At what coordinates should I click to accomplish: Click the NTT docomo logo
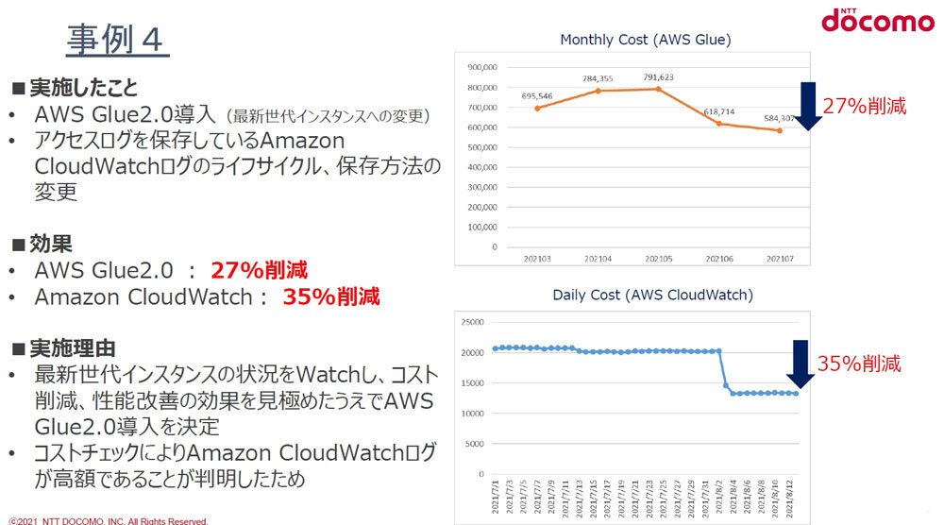pyautogui.click(x=877, y=20)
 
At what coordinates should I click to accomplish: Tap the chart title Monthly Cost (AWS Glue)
pyautogui.click(x=646, y=40)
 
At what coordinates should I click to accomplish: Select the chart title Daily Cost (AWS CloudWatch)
pyautogui.click(x=652, y=296)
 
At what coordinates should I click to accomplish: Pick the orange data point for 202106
pyautogui.click(x=719, y=124)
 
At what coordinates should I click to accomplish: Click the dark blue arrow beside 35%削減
pyautogui.click(x=801, y=364)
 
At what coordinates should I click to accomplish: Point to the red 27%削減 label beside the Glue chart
pyautogui.click(x=864, y=107)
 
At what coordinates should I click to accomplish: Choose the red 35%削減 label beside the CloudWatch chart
pyautogui.click(x=858, y=364)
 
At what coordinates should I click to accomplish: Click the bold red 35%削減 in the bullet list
pyautogui.click(x=331, y=297)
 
